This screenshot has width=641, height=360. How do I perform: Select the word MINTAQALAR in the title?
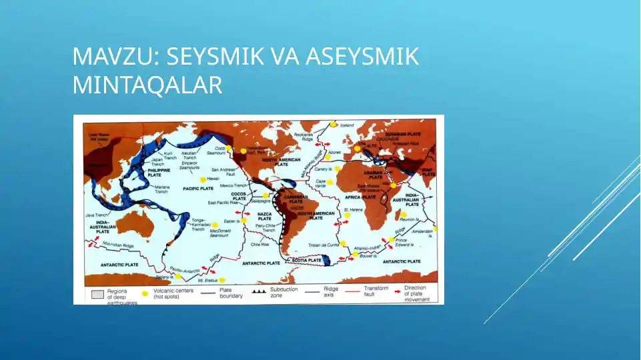(x=147, y=85)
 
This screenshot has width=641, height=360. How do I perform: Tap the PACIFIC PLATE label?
(x=197, y=189)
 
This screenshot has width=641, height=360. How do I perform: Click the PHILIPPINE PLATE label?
(x=160, y=173)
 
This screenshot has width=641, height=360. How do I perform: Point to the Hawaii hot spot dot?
(x=202, y=179)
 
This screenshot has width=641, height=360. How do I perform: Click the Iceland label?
(x=347, y=125)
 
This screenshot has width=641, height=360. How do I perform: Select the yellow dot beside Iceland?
(x=335, y=124)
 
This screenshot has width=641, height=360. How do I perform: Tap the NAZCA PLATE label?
(x=265, y=216)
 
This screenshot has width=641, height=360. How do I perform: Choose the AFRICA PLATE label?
(x=361, y=198)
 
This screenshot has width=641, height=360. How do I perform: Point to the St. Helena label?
(x=352, y=210)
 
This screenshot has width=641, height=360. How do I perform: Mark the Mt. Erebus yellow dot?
(x=222, y=281)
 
